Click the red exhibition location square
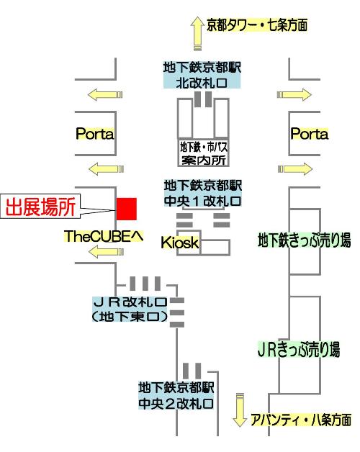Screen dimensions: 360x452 (127, 209)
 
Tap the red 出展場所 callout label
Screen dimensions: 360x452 (40, 207)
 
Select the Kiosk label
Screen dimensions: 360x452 (180, 243)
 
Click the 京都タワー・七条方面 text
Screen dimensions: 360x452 (257, 24)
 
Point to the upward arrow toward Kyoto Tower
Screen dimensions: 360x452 (197, 33)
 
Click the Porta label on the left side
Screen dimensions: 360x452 (94, 134)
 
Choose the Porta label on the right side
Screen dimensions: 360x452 (309, 134)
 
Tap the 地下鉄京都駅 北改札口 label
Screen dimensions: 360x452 (202, 76)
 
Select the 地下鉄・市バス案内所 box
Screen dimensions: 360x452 (203, 153)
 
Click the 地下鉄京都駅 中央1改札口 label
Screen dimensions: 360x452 (203, 193)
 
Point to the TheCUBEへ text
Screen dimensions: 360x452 (104, 236)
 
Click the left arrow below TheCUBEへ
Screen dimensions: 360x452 (106, 252)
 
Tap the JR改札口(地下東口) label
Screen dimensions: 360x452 (130, 309)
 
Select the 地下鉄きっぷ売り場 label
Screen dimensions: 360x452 (305, 240)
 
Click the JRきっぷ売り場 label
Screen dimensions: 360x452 (299, 349)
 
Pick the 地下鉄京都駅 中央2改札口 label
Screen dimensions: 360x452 (176, 396)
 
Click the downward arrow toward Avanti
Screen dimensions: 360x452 (240, 410)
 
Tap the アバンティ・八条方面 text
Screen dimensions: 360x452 (301, 420)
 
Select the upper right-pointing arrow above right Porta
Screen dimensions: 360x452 (294, 94)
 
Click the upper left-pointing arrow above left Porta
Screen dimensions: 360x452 (105, 94)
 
